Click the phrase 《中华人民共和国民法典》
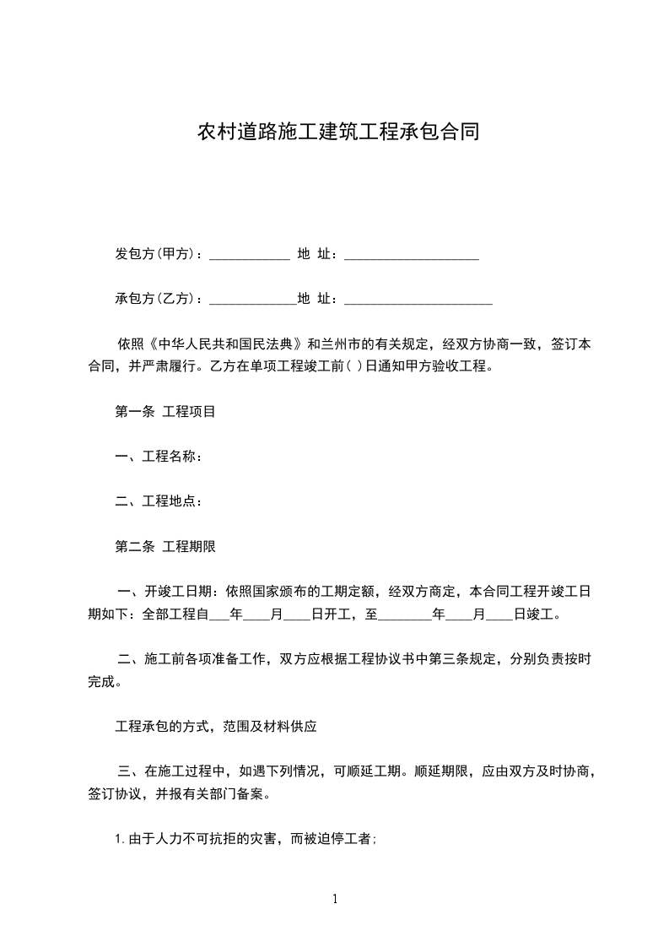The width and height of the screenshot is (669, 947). [x=226, y=344]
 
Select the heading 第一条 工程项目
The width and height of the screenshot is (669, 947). [x=165, y=412]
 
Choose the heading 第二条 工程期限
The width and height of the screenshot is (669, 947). [x=165, y=546]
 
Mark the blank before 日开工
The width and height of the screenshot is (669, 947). [x=297, y=616]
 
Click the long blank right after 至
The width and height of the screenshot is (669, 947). [x=404, y=616]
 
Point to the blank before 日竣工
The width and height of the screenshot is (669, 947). [x=499, y=616]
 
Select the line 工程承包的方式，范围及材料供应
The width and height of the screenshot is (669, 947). [x=215, y=725]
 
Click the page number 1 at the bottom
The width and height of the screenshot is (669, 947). [x=335, y=899]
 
